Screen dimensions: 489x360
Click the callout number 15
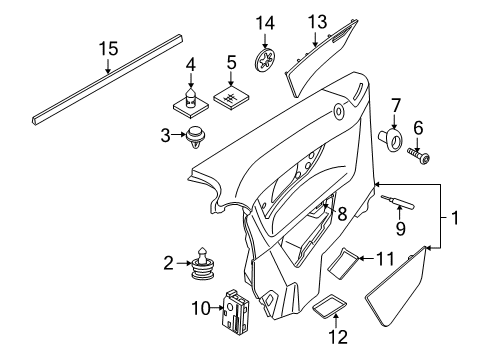pos(108,49)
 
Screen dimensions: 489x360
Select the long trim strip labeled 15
pos(108,80)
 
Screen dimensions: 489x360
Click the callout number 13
pos(317,22)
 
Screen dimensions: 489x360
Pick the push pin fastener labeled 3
pos(196,137)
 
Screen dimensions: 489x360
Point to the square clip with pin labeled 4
pos(191,103)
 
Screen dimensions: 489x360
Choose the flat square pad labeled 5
pos(231,97)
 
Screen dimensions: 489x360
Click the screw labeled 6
pos(419,157)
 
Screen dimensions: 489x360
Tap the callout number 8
pos(342,214)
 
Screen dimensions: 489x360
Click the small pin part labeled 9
pos(398,203)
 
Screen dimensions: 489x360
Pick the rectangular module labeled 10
pos(236,312)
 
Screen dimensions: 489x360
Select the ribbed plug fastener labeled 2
pos(203,267)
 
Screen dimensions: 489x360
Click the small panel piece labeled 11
pos(343,263)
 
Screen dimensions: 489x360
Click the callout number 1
pos(455,218)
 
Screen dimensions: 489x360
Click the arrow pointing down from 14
pos(265,41)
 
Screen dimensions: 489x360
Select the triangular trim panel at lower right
pos(397,286)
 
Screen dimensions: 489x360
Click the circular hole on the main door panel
pos(339,111)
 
